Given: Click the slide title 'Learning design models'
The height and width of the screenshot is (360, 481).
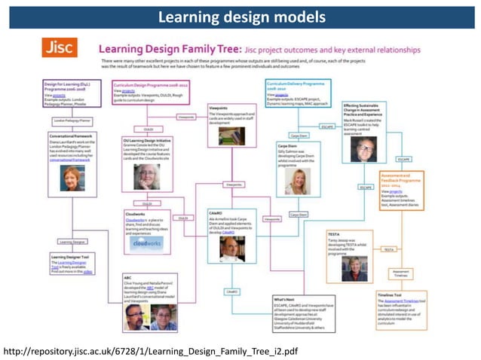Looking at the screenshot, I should pos(240,16).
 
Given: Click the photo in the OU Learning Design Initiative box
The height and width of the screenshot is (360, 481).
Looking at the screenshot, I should pos(147,175).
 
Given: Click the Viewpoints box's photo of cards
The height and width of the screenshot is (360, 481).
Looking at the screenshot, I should pos(230,136).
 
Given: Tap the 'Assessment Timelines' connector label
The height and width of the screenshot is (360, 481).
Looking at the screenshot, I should pos(401,273).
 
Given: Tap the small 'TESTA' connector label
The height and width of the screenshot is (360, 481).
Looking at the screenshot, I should pos(389,249).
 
